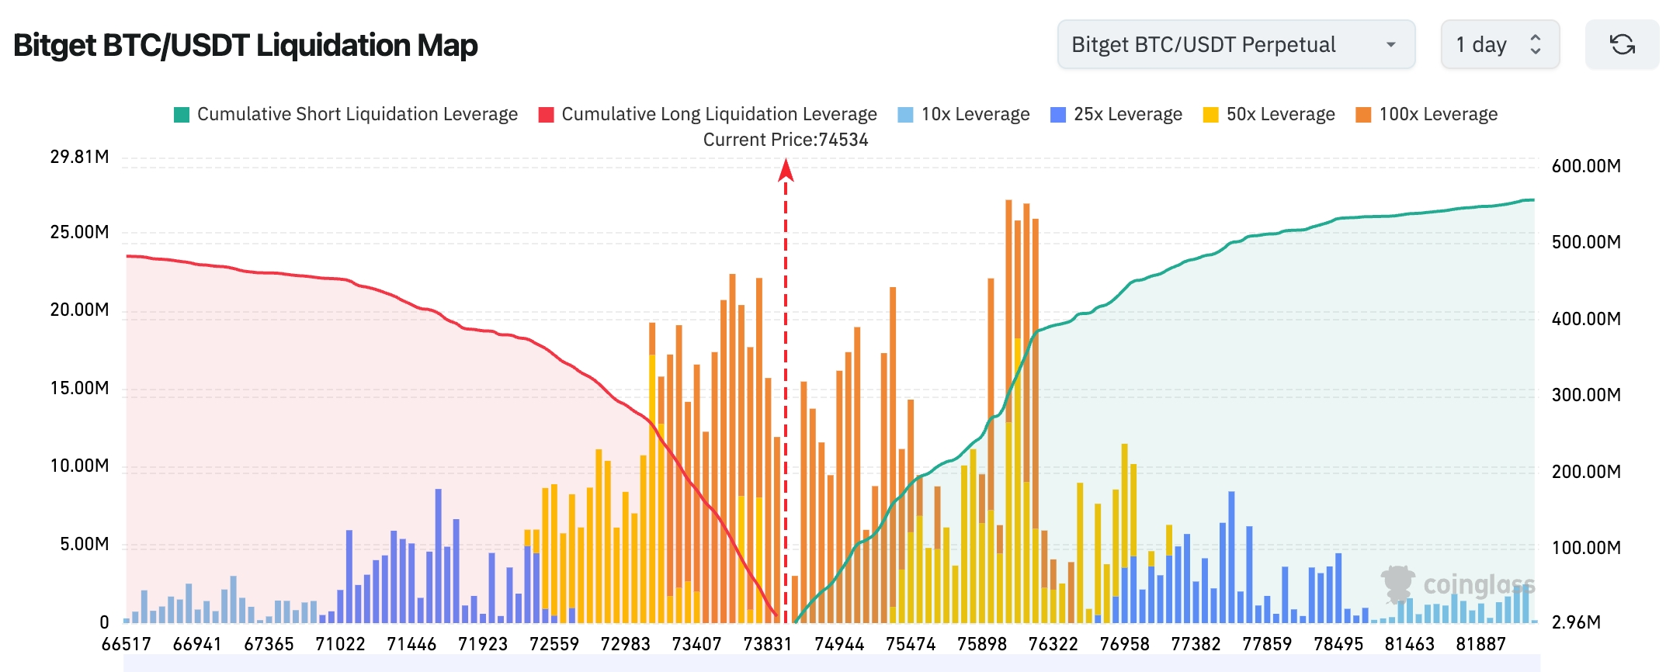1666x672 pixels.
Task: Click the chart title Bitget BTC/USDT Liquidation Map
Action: [245, 45]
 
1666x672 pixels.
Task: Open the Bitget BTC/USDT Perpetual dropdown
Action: [1235, 45]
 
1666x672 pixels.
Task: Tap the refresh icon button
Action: [1622, 45]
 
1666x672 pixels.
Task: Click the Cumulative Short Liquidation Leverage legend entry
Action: [346, 114]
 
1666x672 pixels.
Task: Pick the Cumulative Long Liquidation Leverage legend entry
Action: [708, 114]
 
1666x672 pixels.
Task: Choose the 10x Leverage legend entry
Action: [963, 114]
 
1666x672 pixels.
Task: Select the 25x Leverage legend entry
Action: [1116, 114]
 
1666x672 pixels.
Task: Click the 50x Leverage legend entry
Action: [1269, 114]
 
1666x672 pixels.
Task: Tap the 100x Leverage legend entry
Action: [1427, 114]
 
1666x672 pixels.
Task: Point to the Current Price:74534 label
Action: [786, 140]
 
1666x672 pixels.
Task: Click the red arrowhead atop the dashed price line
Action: [786, 169]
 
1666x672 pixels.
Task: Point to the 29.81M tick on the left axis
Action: [79, 157]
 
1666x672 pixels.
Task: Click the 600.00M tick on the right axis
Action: [1586, 166]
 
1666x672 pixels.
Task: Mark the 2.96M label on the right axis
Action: [1576, 622]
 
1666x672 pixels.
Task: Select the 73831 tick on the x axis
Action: [768, 644]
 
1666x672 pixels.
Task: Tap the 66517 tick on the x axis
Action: [127, 644]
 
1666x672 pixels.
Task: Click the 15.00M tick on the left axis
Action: [79, 388]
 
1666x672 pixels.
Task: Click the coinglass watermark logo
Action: [1458, 584]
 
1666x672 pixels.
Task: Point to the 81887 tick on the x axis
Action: [1480, 644]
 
